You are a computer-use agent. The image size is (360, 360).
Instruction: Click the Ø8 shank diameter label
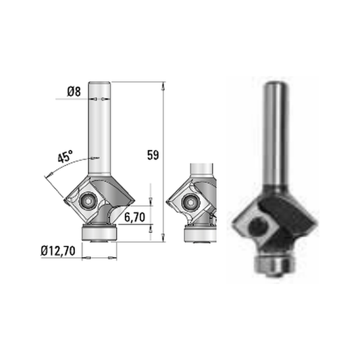(74, 92)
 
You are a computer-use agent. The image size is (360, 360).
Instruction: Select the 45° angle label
(65, 157)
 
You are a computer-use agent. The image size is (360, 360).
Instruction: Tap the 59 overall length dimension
(153, 155)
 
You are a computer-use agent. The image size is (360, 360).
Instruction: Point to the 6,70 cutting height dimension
(134, 217)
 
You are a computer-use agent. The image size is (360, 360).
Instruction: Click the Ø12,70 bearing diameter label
(58, 251)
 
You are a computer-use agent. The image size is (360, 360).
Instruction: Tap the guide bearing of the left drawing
(99, 233)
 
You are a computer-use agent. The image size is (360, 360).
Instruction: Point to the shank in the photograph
(276, 133)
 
